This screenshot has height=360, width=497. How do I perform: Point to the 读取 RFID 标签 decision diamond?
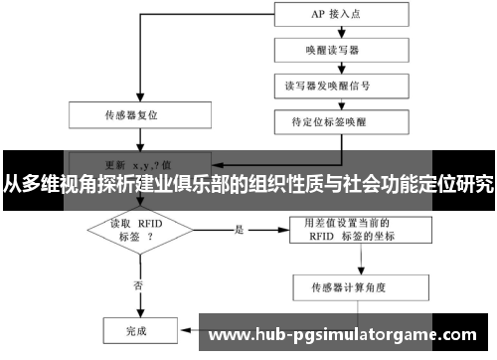click(137, 231)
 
